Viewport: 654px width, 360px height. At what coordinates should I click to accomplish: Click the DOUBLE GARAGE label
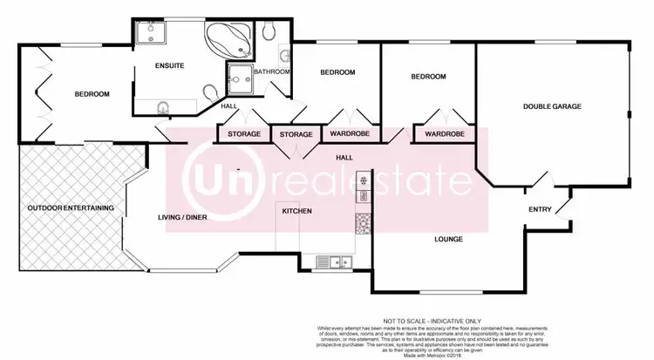[552, 106]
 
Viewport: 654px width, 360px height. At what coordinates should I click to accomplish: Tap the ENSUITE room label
[170, 66]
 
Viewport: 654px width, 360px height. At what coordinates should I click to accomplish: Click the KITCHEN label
[297, 211]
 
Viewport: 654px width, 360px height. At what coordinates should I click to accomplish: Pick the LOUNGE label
[448, 239]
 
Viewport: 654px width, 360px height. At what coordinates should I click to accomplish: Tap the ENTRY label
[541, 209]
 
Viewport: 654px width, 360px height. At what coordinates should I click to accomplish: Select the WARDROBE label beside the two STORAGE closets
[347, 134]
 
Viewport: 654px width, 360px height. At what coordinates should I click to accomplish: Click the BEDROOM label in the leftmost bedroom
[92, 94]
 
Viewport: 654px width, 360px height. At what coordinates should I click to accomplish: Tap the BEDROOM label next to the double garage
[428, 77]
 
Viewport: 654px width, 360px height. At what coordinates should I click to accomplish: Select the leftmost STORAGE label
[243, 134]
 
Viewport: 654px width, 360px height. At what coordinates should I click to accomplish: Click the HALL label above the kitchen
[345, 157]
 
